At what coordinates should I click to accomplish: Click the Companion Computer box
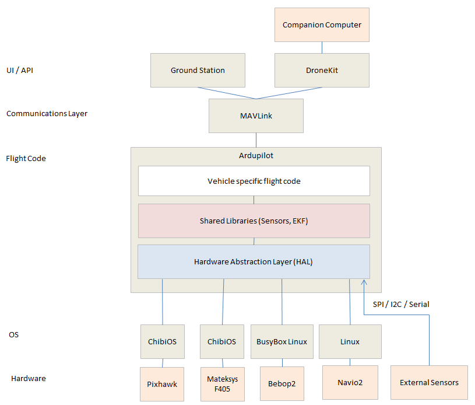322,25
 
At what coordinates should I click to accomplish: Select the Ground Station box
198,70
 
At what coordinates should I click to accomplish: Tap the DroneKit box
322,70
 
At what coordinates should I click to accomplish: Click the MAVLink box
256,116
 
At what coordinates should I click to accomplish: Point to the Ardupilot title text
256,156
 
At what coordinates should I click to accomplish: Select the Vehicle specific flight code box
254,181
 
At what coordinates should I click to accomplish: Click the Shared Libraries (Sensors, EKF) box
254,221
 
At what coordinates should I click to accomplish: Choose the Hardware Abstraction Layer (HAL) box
254,261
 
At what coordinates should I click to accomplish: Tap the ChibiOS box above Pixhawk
163,341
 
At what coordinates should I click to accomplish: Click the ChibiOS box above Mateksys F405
221,341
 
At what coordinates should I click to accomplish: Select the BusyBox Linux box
282,341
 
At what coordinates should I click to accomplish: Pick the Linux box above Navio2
350,341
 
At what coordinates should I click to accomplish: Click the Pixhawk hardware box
162,384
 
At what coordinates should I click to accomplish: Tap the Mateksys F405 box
222,384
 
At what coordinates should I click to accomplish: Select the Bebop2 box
282,384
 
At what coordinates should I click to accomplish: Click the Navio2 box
350,383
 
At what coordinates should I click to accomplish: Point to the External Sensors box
429,383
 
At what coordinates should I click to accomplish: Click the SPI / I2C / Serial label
401,304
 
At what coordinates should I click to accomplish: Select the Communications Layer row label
47,114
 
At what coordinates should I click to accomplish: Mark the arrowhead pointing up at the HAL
364,282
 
